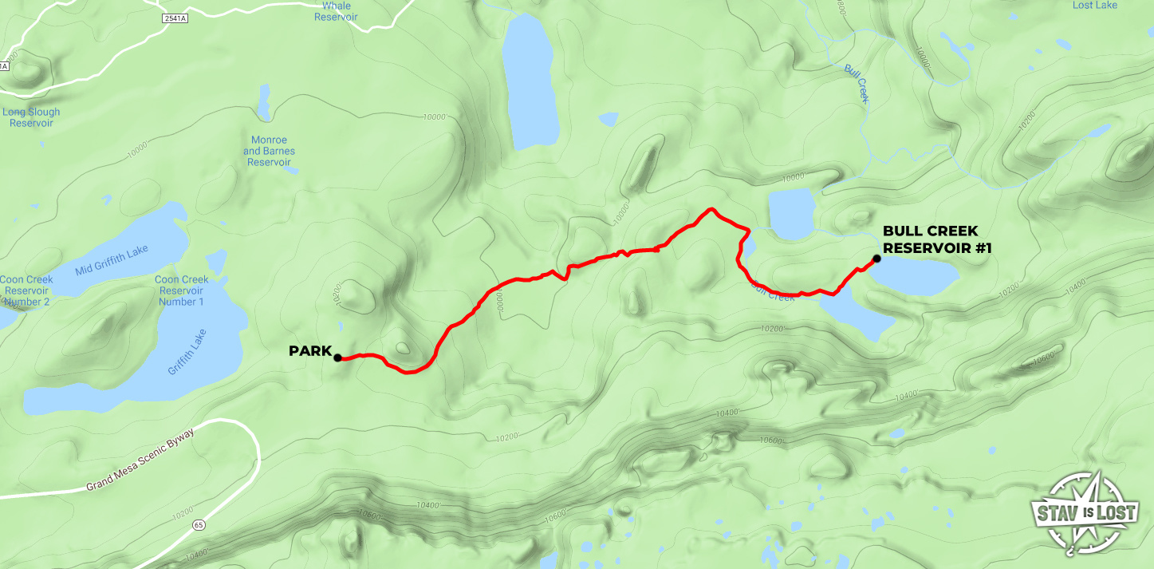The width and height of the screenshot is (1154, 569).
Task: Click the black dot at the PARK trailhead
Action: pos(337,358)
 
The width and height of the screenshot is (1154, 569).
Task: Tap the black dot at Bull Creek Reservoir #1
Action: pos(876,259)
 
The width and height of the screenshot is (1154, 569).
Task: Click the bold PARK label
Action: pos(309,351)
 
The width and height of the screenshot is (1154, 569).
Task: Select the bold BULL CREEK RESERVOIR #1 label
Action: pos(936,239)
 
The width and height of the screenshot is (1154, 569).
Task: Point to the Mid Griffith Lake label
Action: pos(112,260)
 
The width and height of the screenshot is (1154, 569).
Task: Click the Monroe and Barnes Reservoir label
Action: pos(269,151)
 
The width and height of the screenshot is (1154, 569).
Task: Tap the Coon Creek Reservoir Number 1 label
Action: pos(181,290)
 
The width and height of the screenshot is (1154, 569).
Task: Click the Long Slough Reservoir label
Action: pos(31,117)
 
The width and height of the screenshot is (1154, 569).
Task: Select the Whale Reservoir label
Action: pos(336,11)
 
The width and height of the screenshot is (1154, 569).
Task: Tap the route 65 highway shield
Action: pos(199,525)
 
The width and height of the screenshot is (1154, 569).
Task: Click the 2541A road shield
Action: pos(173,18)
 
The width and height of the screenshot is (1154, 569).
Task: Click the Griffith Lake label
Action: pos(187,352)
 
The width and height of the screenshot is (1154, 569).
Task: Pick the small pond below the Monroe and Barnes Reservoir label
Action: pos(214,262)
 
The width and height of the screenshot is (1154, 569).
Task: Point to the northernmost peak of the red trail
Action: pos(709,210)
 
